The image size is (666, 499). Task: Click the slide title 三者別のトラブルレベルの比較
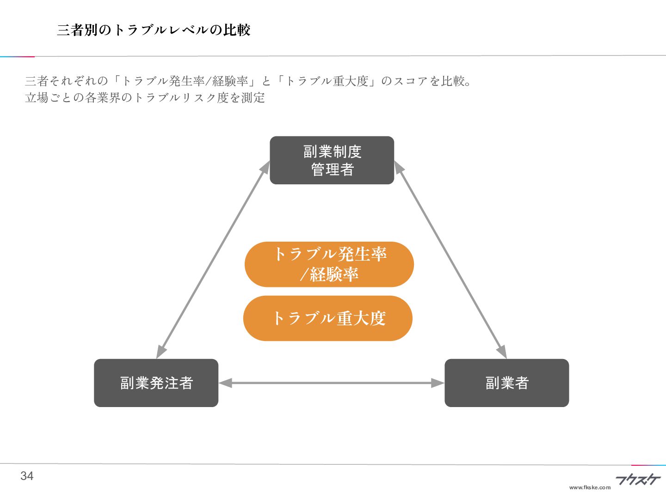pos(154,30)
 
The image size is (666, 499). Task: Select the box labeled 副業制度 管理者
pos(332,160)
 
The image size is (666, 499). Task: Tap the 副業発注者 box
pos(156,383)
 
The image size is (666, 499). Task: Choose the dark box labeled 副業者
pos(506,383)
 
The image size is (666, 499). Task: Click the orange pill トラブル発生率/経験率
pos(329,264)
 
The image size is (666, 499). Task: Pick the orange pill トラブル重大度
pos(327,318)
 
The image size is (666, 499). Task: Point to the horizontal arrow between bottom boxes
pos(331,383)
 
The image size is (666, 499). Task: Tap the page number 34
pos(27,476)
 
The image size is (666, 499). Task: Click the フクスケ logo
pos(638,480)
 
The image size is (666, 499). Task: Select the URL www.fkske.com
pos(590,487)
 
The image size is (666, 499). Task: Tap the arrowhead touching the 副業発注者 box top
pos(161,352)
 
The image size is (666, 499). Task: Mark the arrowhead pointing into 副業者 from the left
pos(438,383)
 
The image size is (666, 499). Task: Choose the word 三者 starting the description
pos(37,81)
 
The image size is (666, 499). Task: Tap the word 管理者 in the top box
pos(332,170)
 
